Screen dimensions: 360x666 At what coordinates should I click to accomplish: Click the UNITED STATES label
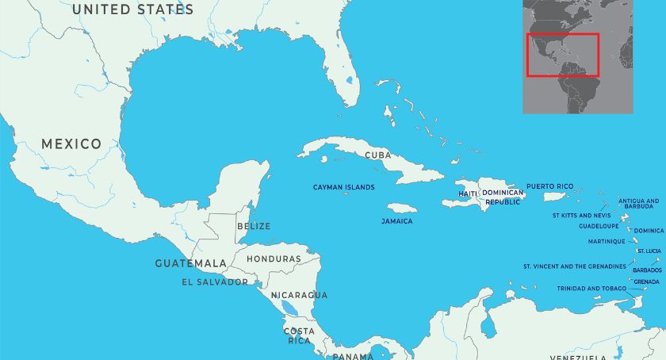click(x=132, y=10)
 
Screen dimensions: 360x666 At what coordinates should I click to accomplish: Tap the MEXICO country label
click(x=71, y=144)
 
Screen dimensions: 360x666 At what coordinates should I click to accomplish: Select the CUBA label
click(x=377, y=155)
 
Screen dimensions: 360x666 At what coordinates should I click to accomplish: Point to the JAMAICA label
click(x=396, y=221)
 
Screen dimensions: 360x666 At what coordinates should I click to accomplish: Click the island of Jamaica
click(x=401, y=208)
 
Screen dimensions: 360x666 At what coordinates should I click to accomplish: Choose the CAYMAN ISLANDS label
click(x=344, y=187)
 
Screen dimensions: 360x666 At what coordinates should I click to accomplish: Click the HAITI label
click(x=468, y=193)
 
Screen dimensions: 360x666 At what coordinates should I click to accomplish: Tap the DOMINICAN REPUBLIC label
click(x=503, y=197)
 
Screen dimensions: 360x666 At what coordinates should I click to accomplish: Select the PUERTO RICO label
click(x=549, y=186)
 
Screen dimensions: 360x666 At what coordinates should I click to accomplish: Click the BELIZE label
click(x=253, y=226)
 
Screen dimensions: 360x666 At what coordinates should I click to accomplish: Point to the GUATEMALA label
click(x=190, y=262)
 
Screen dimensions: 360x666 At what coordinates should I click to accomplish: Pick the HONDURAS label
click(x=274, y=259)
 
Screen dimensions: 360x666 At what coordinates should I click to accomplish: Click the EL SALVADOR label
click(x=214, y=281)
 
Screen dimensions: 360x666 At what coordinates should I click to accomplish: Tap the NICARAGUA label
click(x=299, y=295)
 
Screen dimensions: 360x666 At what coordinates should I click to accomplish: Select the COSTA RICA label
click(x=299, y=335)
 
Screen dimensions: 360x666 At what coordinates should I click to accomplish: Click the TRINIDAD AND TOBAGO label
click(x=591, y=289)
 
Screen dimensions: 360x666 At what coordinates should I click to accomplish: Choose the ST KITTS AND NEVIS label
click(x=581, y=215)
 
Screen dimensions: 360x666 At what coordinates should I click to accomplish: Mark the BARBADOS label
click(x=647, y=270)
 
